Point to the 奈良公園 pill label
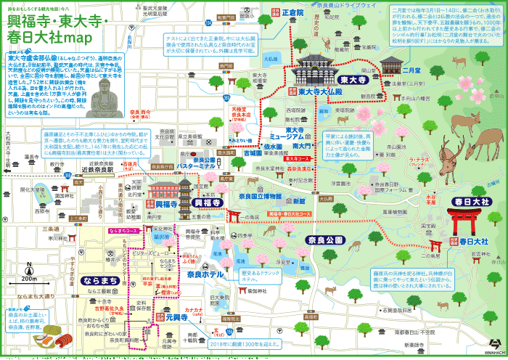pyautogui.click(x=323, y=239)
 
